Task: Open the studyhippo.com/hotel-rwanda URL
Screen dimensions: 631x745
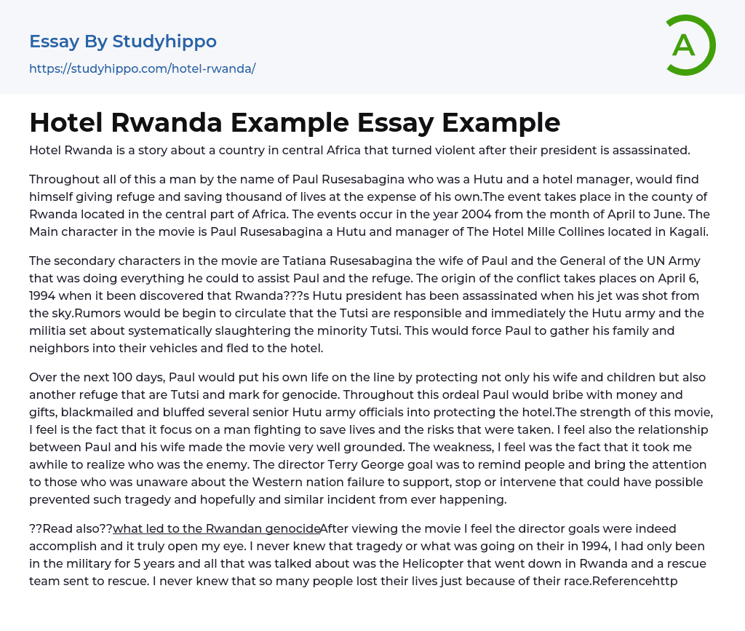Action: [x=143, y=68]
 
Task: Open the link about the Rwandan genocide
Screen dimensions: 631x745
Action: [x=217, y=529]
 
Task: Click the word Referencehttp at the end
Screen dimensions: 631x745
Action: [x=636, y=582]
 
